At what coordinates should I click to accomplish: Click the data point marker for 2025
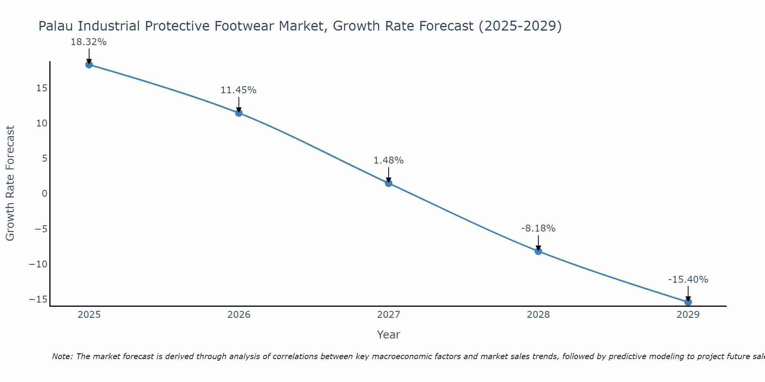89,65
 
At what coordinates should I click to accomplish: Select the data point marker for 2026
239,113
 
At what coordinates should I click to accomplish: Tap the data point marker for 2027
389,183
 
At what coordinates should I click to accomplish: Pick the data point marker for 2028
538,251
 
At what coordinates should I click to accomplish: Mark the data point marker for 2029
688,302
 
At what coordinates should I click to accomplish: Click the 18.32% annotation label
88,42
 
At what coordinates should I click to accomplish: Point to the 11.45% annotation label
238,90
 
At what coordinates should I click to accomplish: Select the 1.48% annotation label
389,160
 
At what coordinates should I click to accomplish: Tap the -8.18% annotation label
538,228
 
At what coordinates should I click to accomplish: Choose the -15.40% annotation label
688,280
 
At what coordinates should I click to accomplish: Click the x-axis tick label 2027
389,315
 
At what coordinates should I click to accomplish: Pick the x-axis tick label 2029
688,315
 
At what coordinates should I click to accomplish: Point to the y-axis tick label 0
45,194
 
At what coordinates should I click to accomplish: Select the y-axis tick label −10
38,264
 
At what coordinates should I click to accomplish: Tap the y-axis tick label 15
42,88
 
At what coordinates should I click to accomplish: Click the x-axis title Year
389,335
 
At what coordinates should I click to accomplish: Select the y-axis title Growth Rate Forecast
10,183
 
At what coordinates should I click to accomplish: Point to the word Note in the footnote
62,356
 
